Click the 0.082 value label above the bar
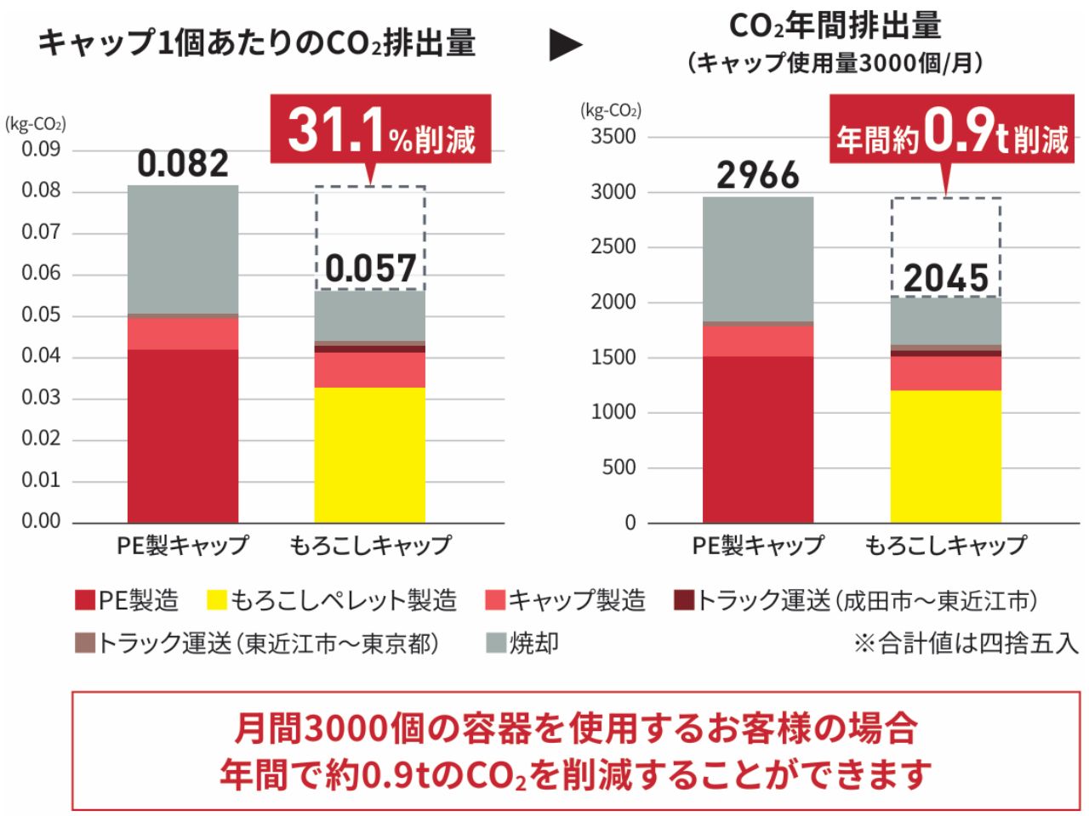point(183,163)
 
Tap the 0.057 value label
point(370,268)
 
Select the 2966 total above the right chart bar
point(757,175)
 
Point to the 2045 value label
point(946,278)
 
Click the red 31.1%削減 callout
point(380,130)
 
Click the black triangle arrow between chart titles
point(565,45)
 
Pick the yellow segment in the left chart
point(369,455)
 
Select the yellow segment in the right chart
point(945,456)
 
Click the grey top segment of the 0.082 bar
point(183,249)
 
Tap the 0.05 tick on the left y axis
point(41,315)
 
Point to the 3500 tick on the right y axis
point(613,137)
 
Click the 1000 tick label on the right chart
point(613,412)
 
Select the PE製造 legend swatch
point(85,601)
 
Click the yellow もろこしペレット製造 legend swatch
point(217,601)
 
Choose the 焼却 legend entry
point(521,643)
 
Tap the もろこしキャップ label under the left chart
point(369,545)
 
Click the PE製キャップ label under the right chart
point(757,545)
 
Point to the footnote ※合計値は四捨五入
point(966,643)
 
